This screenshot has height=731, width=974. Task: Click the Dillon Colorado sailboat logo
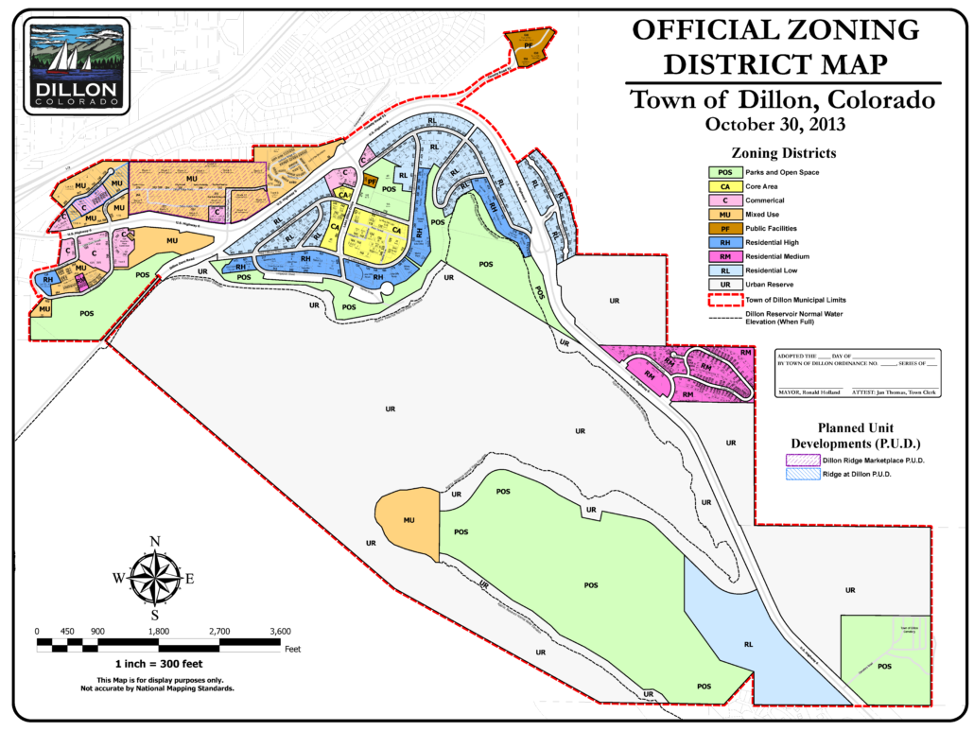point(75,65)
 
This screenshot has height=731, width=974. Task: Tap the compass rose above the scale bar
point(154,578)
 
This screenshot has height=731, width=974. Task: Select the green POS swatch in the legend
point(725,172)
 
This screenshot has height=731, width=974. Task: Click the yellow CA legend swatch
point(725,186)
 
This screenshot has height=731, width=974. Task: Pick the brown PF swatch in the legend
point(725,228)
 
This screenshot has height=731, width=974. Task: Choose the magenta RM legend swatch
point(725,256)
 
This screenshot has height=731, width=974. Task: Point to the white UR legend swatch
point(725,285)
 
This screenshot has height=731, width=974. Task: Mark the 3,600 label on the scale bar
point(280,631)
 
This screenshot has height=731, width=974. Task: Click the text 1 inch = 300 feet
point(158,665)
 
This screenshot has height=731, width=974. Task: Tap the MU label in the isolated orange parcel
point(409,520)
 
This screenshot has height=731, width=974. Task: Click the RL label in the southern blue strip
point(747,644)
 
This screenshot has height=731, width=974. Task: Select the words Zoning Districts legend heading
point(782,152)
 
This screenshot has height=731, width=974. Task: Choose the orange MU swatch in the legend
point(725,215)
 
